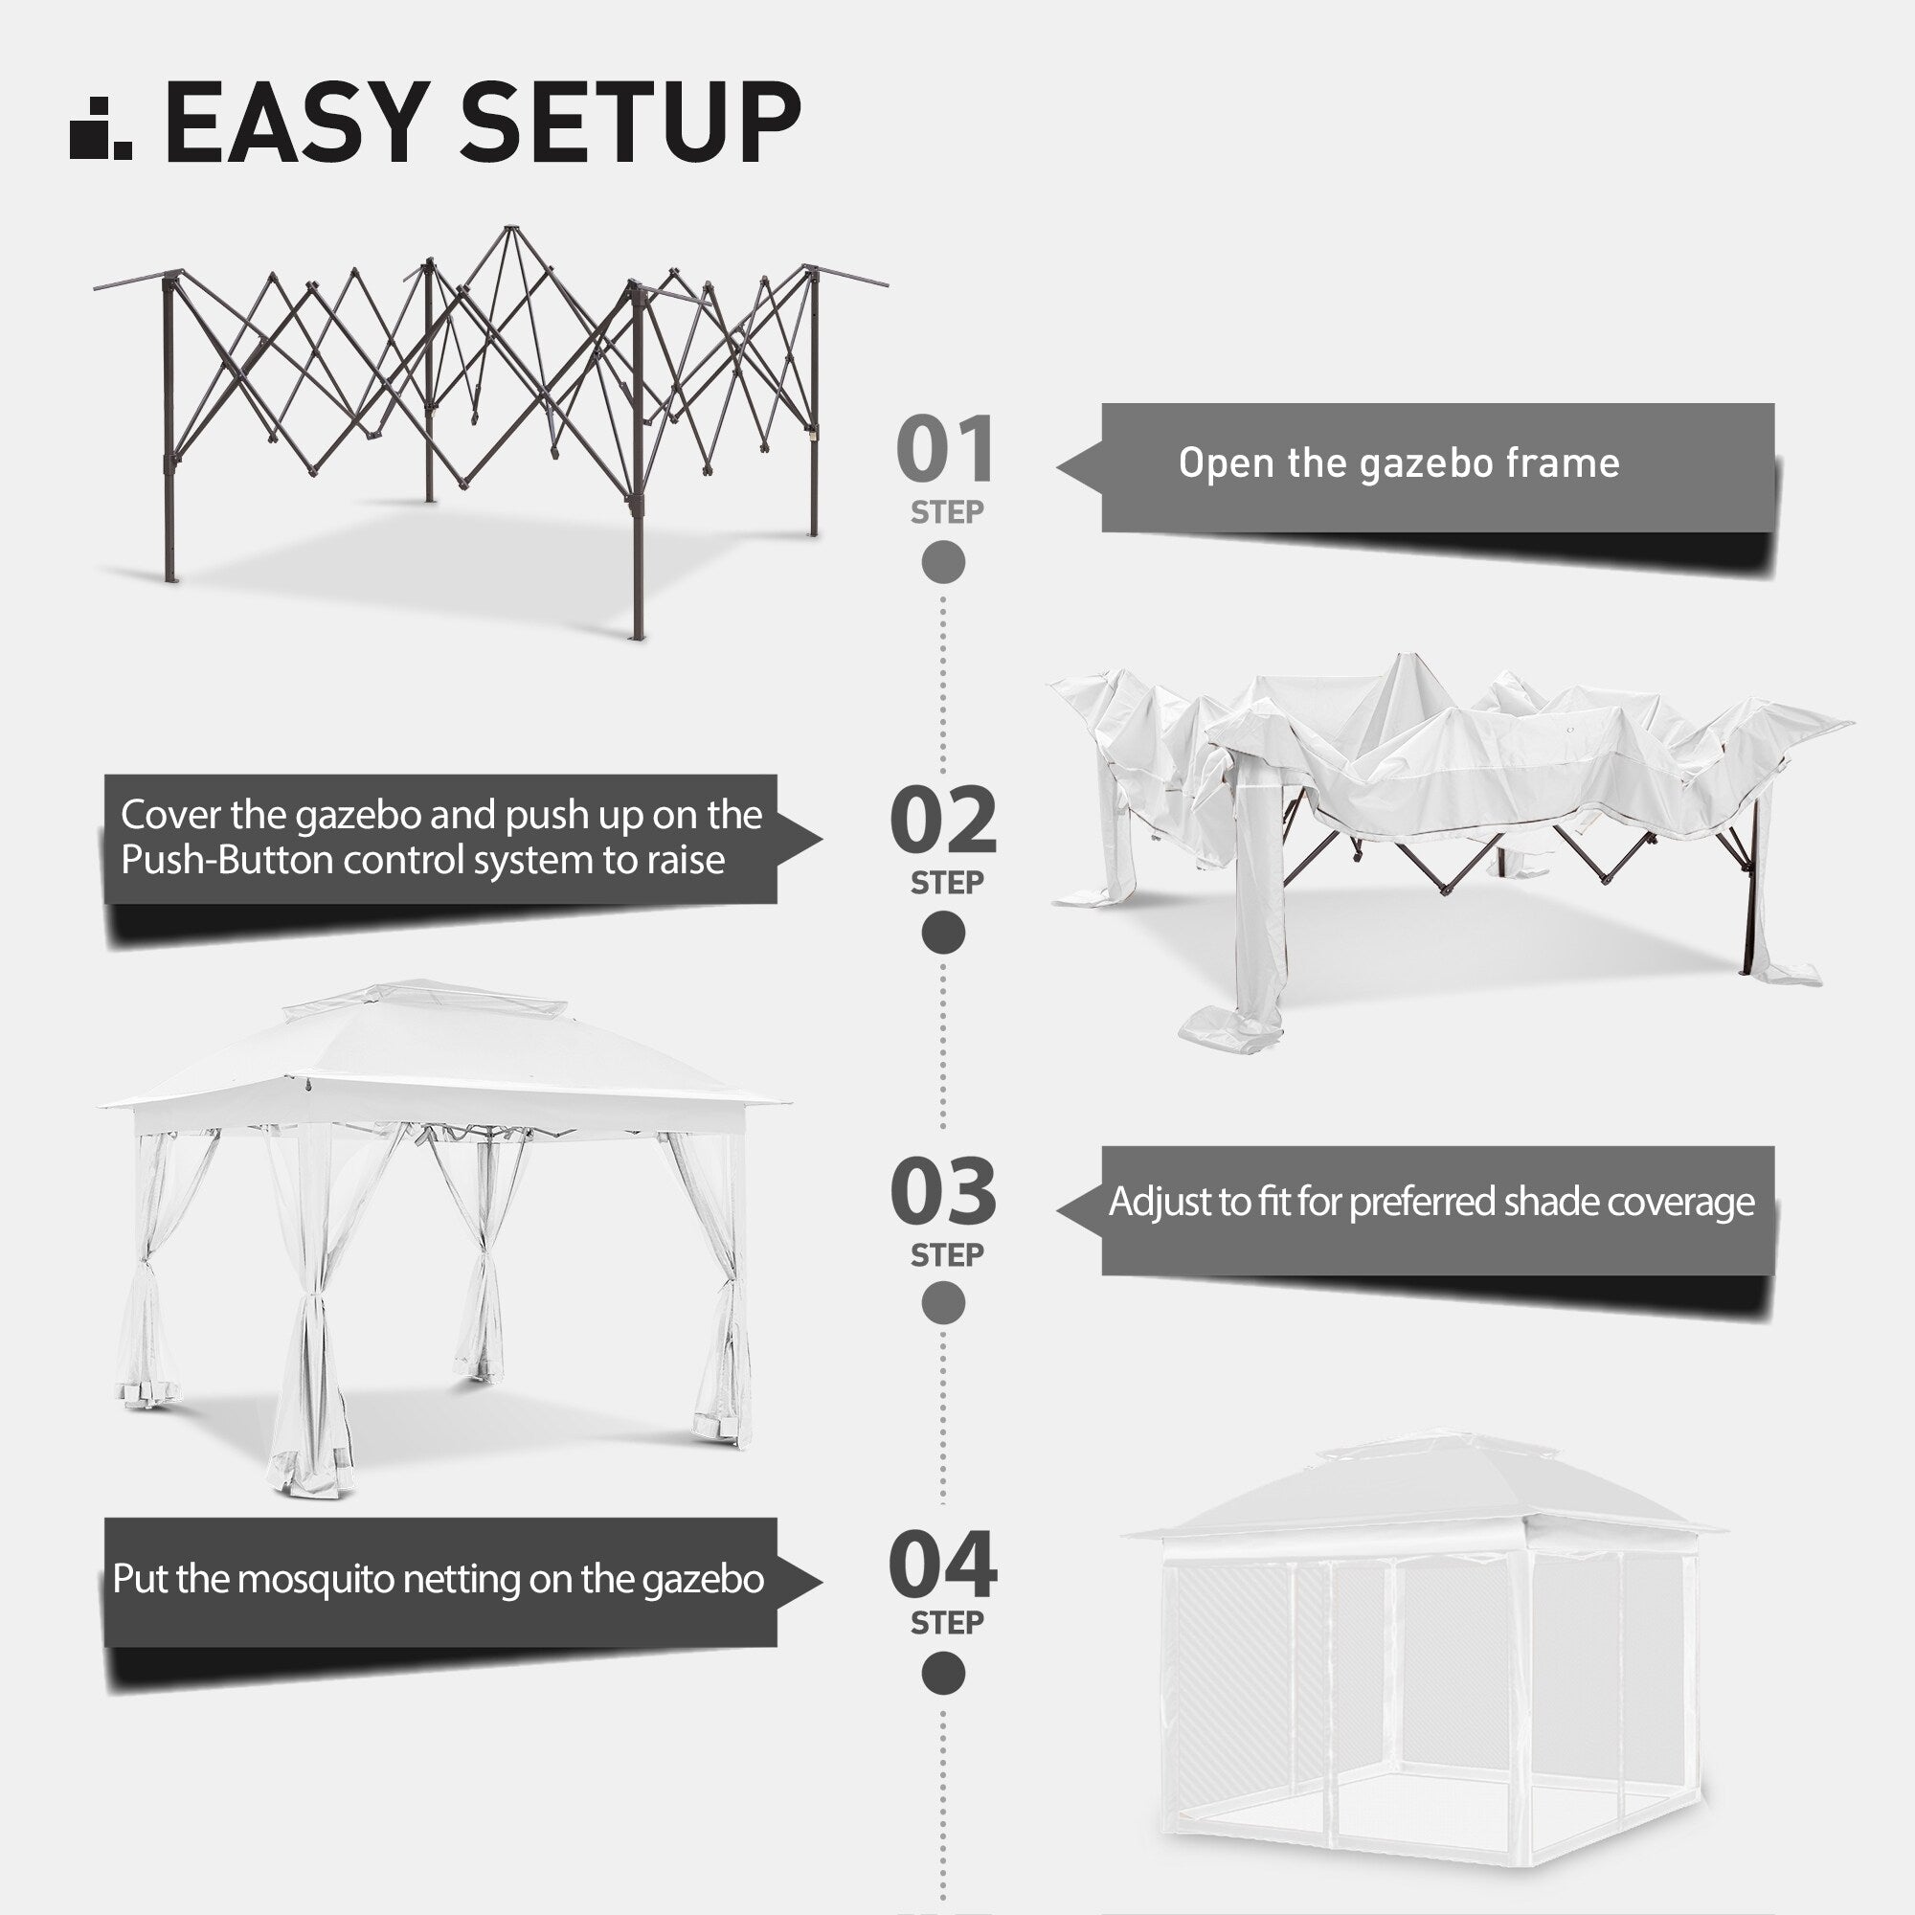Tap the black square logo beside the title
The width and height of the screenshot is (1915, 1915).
100,129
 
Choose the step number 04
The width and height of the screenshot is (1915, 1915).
942,1565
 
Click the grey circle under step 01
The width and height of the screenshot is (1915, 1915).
942,562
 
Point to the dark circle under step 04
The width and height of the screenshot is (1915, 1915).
942,1674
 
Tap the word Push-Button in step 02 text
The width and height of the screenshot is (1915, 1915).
228,861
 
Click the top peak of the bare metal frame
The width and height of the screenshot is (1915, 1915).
510,230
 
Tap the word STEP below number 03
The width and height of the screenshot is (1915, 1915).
947,1255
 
